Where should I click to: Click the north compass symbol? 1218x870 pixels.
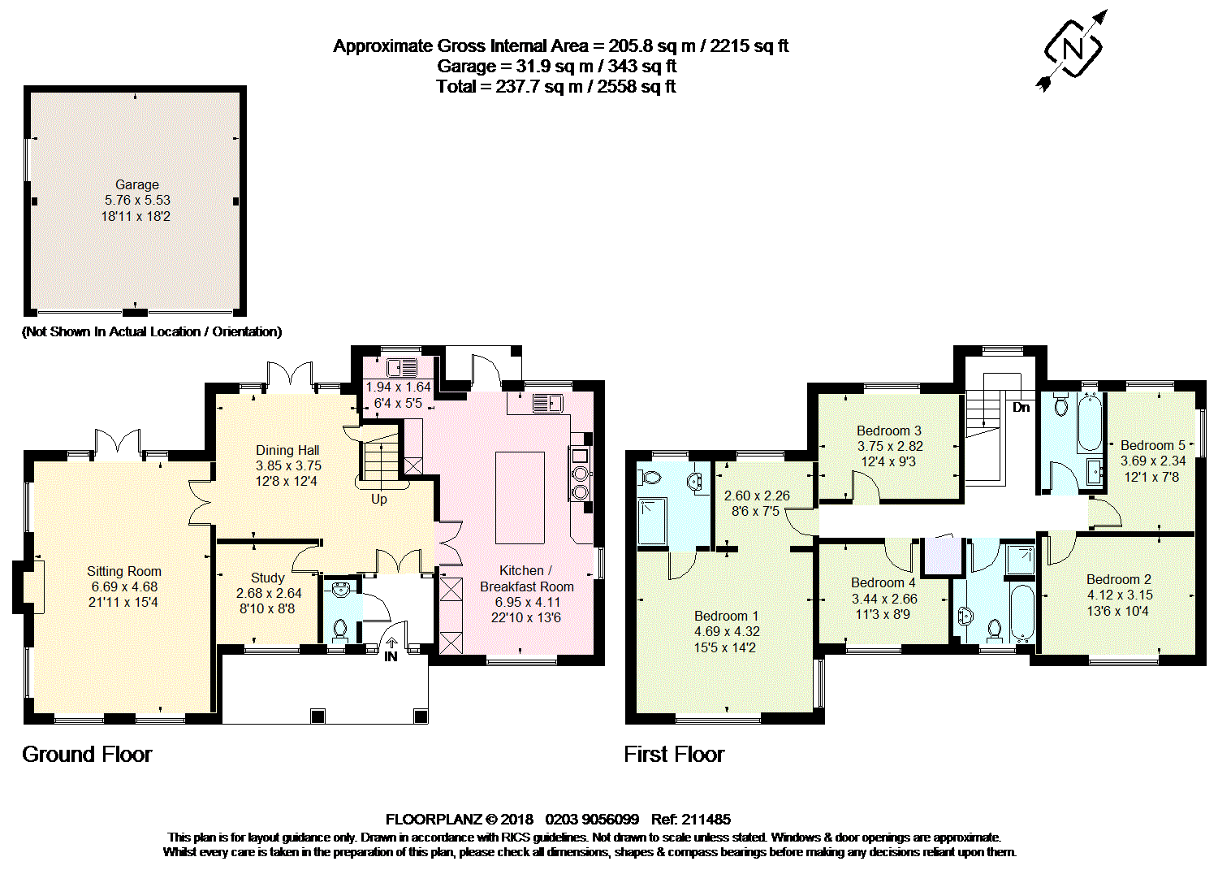click(x=1073, y=50)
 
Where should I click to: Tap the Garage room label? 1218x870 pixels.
click(x=136, y=184)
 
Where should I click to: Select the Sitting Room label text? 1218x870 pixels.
click(x=124, y=571)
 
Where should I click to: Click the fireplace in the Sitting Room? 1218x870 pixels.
click(x=33, y=585)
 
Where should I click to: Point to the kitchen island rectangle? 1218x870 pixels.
click(x=520, y=497)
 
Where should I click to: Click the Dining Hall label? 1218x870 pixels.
click(x=287, y=450)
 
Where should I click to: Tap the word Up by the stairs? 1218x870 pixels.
click(x=378, y=499)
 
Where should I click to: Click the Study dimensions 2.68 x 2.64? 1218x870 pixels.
click(x=269, y=593)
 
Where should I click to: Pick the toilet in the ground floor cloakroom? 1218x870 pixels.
click(x=340, y=629)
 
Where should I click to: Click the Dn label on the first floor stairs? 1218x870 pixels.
click(x=1021, y=407)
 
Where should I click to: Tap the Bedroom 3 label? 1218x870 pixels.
click(x=889, y=431)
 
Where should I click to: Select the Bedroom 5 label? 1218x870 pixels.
click(x=1152, y=445)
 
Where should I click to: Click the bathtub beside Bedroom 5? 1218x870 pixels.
click(x=1089, y=422)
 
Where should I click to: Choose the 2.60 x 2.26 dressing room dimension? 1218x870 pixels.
click(x=757, y=496)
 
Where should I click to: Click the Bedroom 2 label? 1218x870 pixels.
click(x=1119, y=579)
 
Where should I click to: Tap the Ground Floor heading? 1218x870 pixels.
click(x=87, y=755)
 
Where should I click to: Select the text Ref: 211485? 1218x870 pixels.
click(x=691, y=819)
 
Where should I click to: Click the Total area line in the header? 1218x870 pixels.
click(x=555, y=87)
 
